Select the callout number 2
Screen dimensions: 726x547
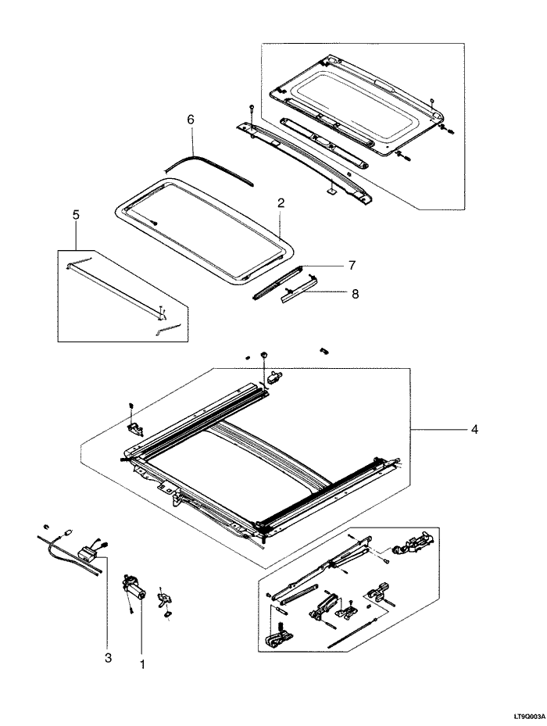pos(281,202)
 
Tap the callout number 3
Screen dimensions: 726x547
pos(108,659)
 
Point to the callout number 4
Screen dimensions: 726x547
pos(475,429)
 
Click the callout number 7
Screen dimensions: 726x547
pos(352,266)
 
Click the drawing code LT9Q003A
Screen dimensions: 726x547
pos(527,715)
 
